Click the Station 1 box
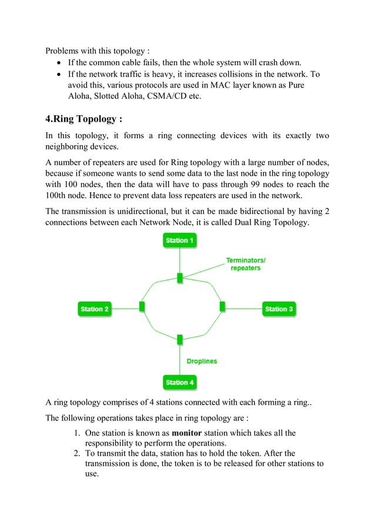click(179, 241)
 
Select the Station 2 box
click(95, 309)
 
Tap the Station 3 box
click(279, 309)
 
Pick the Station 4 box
click(179, 382)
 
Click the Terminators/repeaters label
click(246, 263)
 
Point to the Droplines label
click(202, 361)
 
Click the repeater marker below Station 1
click(179, 277)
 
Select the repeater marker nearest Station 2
click(142, 306)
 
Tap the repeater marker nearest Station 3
click(222, 306)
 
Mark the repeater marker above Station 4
click(179, 339)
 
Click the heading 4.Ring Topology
click(84, 119)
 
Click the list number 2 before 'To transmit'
click(76, 453)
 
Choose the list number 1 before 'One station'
click(76, 433)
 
